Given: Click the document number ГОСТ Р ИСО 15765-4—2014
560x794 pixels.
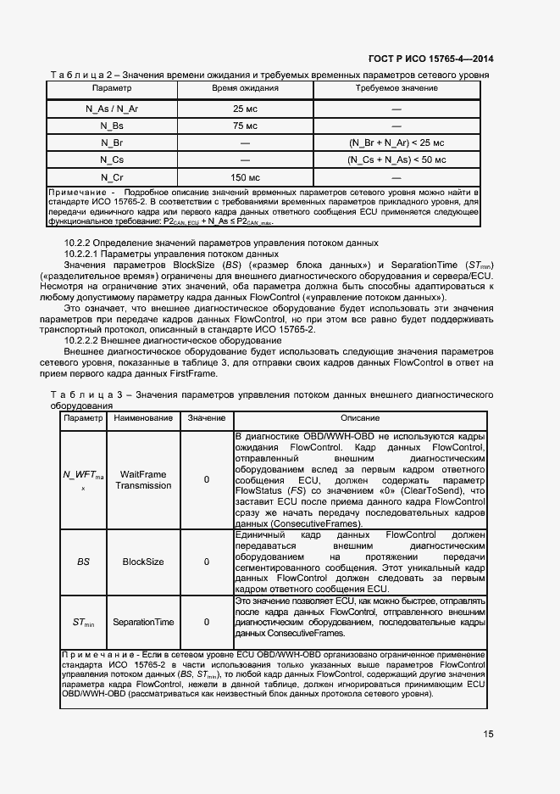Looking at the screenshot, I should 430,59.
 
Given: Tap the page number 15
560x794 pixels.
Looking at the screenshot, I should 489,735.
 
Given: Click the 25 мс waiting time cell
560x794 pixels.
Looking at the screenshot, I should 245,109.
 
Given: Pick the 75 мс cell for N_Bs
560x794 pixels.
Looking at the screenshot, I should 245,126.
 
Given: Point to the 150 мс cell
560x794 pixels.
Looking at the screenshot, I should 245,176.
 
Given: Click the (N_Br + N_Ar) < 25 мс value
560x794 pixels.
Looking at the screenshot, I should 396,143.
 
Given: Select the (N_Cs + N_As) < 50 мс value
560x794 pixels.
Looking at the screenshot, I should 396,159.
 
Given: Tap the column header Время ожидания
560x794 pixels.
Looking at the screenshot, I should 245,88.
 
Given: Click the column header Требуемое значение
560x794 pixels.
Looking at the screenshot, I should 396,88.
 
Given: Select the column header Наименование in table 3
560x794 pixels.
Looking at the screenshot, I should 143,418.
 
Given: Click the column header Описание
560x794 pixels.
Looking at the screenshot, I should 359,418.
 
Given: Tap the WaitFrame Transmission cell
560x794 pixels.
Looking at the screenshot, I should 143,480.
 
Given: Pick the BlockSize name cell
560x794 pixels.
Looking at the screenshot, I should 143,562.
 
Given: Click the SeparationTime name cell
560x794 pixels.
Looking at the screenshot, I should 143,622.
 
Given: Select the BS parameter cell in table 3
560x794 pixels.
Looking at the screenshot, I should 83,562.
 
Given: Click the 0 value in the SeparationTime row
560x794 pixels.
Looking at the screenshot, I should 207,622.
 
